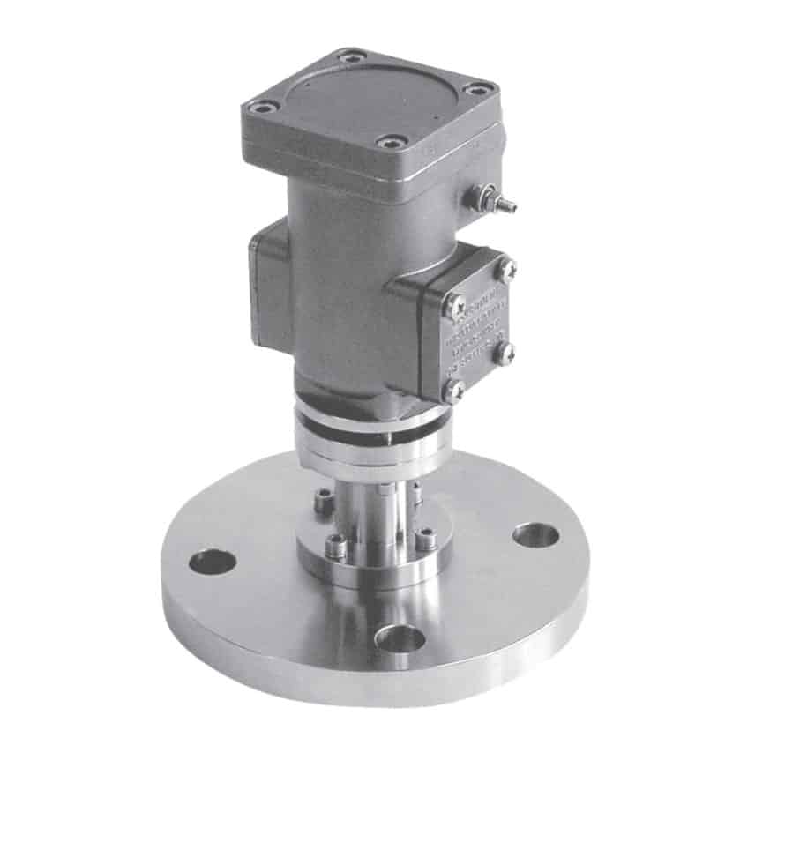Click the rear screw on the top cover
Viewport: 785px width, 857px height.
pos(352,57)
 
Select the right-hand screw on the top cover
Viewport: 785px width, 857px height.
pos(480,88)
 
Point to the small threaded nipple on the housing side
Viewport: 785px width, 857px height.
pos(504,205)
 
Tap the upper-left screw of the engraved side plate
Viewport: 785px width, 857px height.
pos(454,306)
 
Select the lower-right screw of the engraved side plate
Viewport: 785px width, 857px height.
pos(505,353)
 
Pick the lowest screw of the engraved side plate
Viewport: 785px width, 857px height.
pos(453,391)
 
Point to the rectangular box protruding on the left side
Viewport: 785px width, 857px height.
pos(271,282)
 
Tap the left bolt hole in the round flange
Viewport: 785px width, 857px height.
pos(213,561)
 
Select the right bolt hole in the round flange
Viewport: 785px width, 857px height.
pos(535,534)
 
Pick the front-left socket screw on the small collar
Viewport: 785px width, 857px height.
pos(335,548)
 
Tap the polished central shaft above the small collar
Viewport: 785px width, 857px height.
pos(375,511)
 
